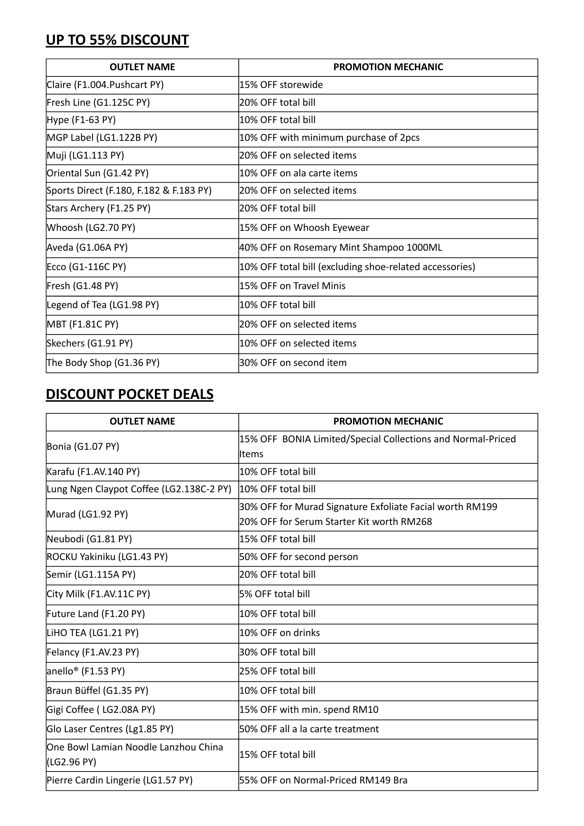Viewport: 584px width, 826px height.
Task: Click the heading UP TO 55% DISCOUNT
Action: click(x=117, y=40)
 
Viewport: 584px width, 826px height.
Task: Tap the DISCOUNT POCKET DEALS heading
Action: click(x=130, y=394)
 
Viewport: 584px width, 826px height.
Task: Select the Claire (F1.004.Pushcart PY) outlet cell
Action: click(x=105, y=85)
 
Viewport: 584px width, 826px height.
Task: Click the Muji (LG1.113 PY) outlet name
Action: click(x=85, y=156)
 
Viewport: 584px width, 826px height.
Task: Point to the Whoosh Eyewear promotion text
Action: click(x=304, y=228)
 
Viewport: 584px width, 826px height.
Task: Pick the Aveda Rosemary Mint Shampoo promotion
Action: click(x=341, y=248)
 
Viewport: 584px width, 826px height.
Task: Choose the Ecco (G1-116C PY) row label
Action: click(x=86, y=267)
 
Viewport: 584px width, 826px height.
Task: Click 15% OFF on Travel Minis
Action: click(x=292, y=286)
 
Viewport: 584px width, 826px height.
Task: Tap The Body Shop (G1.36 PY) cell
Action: click(x=103, y=363)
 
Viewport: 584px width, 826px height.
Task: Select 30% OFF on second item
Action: click(x=293, y=363)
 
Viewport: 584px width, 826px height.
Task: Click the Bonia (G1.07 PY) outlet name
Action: click(x=83, y=447)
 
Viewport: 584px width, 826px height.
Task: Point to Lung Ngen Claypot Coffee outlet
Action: click(x=139, y=489)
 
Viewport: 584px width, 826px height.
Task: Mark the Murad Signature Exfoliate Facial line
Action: click(x=368, y=507)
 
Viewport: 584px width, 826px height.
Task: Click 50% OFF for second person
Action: click(x=299, y=557)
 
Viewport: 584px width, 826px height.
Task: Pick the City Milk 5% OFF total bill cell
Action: click(x=275, y=594)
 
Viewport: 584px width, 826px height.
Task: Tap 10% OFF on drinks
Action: click(x=280, y=633)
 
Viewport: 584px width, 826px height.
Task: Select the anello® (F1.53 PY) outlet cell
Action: click(x=86, y=672)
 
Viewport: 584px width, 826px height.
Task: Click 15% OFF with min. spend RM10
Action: click(x=309, y=710)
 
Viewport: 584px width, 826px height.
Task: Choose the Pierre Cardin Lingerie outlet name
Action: click(x=120, y=781)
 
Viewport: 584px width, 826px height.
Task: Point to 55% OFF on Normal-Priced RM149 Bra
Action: click(x=323, y=781)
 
